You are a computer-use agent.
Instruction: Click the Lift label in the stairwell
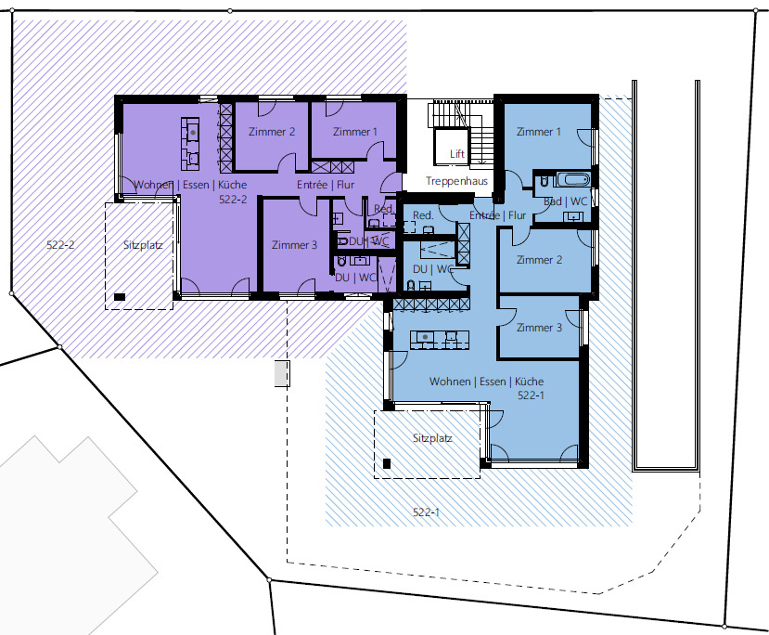[456, 153]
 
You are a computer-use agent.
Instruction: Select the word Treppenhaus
[456, 182]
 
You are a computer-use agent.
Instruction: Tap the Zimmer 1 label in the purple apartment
[355, 132]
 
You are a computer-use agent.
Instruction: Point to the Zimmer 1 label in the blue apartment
[539, 132]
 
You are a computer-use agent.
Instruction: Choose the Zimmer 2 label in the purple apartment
[272, 132]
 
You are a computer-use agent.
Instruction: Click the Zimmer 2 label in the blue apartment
[539, 260]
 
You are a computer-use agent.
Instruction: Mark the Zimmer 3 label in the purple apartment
[295, 245]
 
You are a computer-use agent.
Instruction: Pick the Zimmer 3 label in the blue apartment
[539, 328]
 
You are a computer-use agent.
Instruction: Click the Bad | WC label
[565, 201]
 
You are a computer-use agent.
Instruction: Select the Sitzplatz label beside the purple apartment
[144, 246]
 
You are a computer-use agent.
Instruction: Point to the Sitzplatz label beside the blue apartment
[432, 437]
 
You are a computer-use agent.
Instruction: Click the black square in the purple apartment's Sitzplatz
[120, 296]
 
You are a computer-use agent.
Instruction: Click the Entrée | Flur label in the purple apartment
[326, 185]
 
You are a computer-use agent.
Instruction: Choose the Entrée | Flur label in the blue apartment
[498, 215]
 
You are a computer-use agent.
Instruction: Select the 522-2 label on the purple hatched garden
[60, 246]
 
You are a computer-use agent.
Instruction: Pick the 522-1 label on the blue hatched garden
[426, 512]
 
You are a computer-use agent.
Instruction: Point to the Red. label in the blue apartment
[424, 214]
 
